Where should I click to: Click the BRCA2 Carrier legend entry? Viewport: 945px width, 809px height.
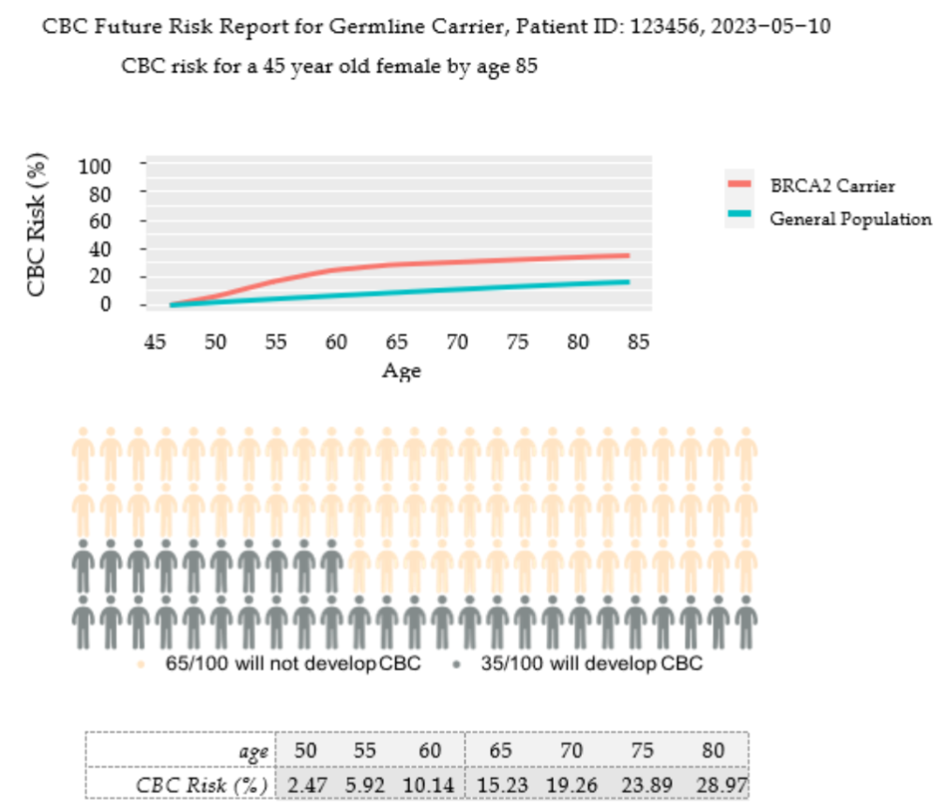pos(831,186)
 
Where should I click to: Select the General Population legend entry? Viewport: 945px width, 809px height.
pos(849,219)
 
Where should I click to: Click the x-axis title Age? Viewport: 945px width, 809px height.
pos(402,371)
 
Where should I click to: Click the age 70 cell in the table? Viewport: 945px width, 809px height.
pos(571,751)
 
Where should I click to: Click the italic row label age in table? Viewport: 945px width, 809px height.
pos(253,752)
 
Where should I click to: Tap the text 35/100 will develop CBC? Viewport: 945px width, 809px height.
pos(591,664)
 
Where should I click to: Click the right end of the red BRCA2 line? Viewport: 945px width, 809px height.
pos(628,255)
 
